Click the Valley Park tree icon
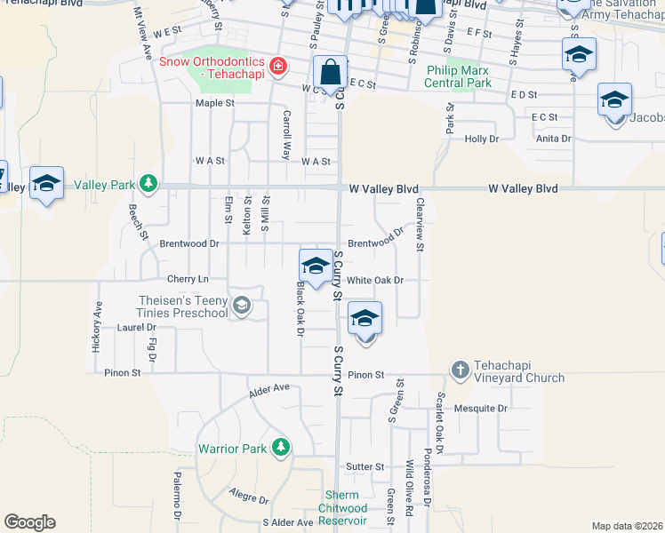tap(148, 185)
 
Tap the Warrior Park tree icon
tap(281, 448)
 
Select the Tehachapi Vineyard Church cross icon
tap(460, 369)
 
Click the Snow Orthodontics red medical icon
tap(278, 66)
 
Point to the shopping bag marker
tap(330, 74)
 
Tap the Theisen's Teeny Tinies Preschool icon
tap(240, 306)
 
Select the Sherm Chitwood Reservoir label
tap(342, 508)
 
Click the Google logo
tap(29, 522)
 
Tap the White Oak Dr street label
tap(375, 280)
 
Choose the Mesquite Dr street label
tap(479, 409)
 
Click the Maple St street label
tap(214, 103)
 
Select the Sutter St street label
tap(365, 466)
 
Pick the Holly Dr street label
tap(481, 139)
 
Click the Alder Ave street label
tap(270, 388)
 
